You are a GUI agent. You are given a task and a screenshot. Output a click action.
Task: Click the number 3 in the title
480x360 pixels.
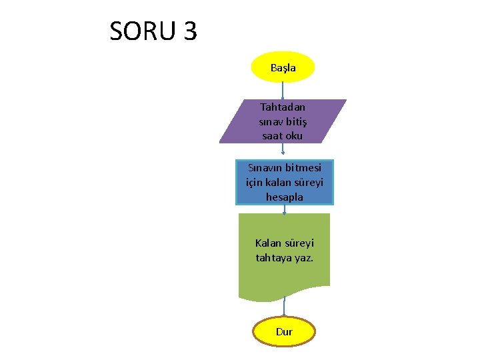[189, 31]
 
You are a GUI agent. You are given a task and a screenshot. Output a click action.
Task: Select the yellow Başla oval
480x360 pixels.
[283, 67]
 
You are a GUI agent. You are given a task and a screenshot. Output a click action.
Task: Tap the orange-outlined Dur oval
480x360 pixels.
[284, 331]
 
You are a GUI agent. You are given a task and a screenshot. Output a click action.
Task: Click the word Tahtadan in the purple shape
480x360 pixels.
[283, 107]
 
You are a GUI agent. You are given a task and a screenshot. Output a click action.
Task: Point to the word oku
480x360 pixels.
[293, 136]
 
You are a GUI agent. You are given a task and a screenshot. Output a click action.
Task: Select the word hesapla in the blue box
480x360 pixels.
[284, 197]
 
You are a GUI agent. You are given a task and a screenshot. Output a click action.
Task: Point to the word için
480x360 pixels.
[255, 182]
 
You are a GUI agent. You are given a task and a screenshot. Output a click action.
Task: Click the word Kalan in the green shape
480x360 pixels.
[269, 243]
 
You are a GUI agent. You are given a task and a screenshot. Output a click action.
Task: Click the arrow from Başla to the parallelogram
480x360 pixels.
[283, 91]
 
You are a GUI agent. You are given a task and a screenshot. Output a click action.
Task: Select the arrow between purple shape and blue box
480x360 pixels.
[283, 151]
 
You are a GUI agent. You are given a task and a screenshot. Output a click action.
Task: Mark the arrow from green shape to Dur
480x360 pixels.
[284, 307]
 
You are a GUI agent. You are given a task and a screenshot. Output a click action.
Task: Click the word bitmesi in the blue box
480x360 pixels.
[303, 168]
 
